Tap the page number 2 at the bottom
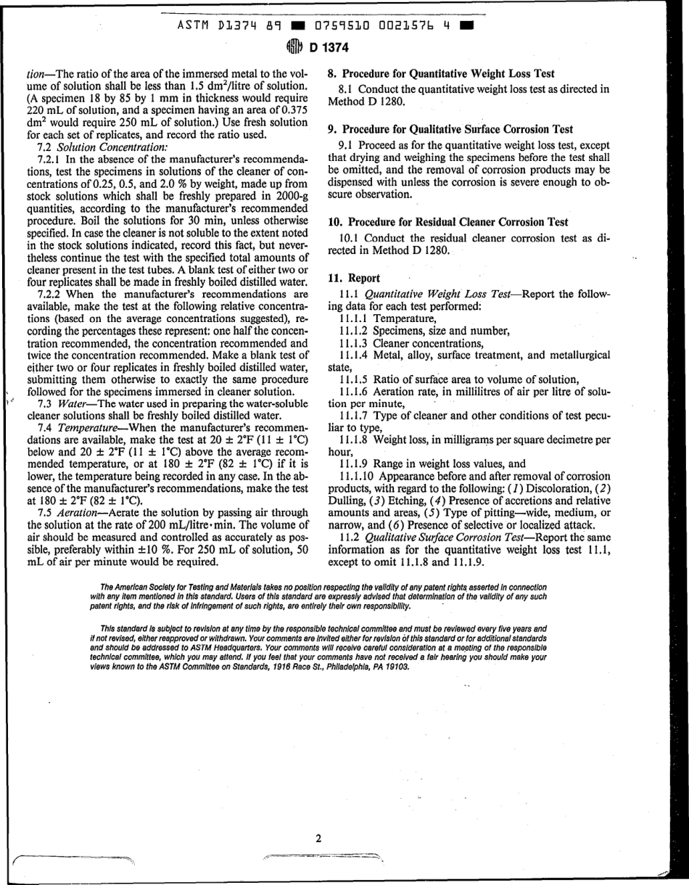pos(318,839)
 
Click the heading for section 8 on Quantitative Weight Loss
pos(441,73)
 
